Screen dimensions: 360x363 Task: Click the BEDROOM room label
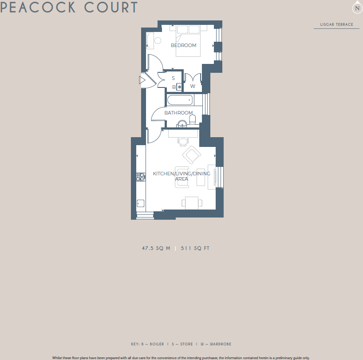183,45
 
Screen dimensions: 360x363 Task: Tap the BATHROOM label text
178,113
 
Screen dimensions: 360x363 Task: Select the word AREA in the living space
181,179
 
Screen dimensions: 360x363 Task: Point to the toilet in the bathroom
193,120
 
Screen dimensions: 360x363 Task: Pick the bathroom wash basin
182,124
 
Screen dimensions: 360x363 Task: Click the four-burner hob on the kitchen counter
141,177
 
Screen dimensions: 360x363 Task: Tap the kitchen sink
141,204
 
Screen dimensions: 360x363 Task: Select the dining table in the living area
192,202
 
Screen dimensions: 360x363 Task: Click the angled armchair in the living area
192,154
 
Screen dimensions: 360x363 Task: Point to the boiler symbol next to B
179,87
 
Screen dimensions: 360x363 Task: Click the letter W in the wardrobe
193,86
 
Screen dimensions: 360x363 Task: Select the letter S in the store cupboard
174,78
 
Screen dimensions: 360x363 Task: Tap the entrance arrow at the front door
142,80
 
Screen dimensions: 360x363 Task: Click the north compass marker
357,8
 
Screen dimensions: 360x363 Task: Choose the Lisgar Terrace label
336,24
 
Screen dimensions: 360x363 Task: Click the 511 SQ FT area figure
195,249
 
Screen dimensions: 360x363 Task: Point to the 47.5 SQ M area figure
156,249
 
